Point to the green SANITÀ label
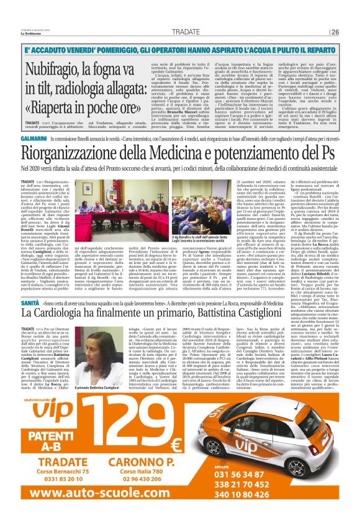coord(30,302)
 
